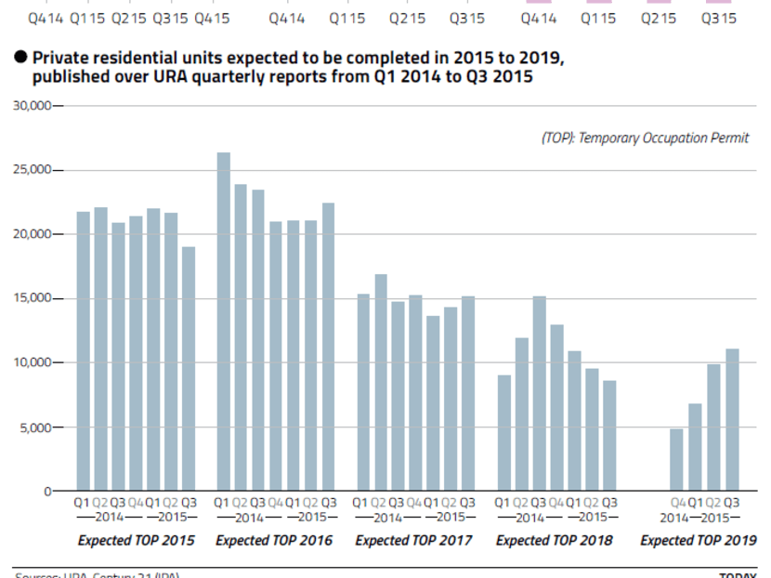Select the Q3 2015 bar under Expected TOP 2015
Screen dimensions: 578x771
(189, 368)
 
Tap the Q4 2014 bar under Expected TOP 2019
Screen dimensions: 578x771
(676, 459)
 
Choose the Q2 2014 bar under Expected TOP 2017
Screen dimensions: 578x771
(381, 382)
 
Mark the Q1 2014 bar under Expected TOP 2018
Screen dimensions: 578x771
(503, 432)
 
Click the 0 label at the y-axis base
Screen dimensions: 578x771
(48, 492)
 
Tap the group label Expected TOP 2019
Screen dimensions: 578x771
(699, 541)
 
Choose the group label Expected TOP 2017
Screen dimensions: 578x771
(414, 541)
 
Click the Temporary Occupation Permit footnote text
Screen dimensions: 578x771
(645, 138)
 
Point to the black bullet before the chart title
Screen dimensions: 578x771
(20, 58)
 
